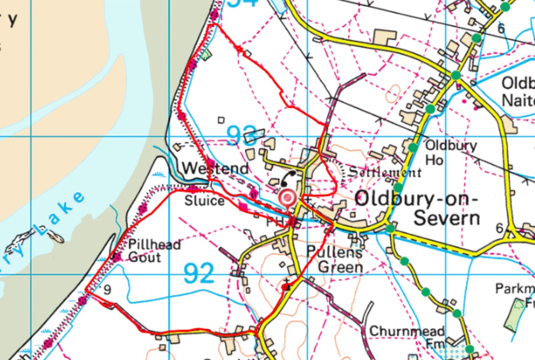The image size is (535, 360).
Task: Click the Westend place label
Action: click(x=215, y=169)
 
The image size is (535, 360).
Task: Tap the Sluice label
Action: click(x=205, y=201)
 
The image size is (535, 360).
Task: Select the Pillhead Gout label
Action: click(x=154, y=250)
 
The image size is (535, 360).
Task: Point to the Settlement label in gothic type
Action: click(x=384, y=172)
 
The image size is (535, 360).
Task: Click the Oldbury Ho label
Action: click(x=450, y=152)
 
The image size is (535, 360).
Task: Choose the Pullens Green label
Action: click(x=334, y=259)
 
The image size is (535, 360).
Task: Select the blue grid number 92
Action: click(x=199, y=273)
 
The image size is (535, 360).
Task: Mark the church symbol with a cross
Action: click(x=286, y=285)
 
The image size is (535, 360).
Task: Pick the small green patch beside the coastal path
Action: click(x=205, y=55)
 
